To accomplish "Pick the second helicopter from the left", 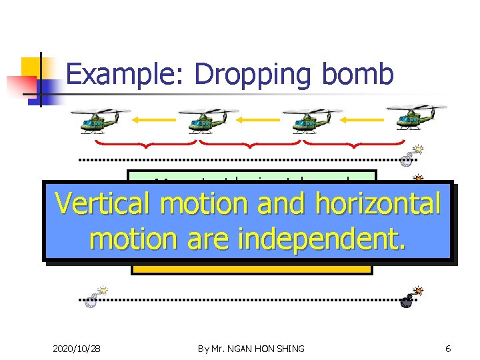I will coord(201,119).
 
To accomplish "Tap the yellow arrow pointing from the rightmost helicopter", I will coord(363,120).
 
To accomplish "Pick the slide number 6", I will coord(448,349).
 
